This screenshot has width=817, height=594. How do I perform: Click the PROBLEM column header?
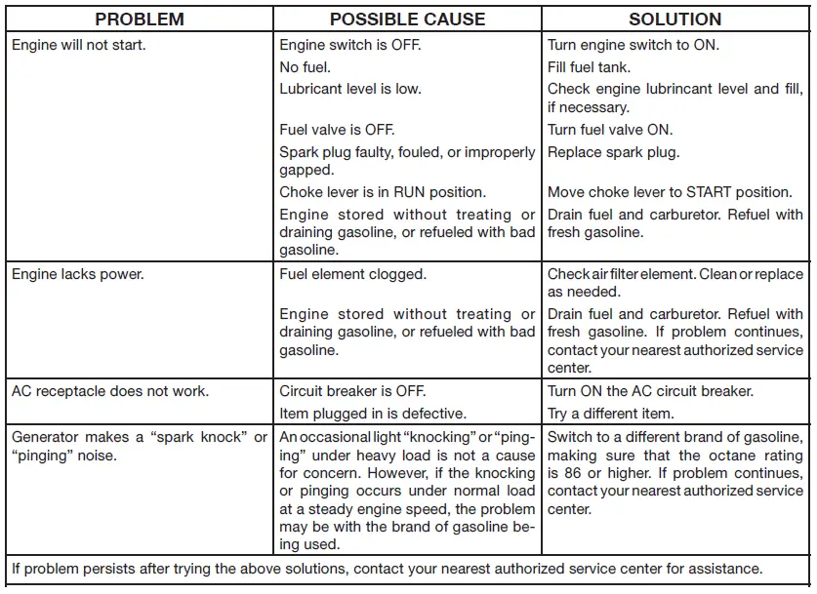coord(141,20)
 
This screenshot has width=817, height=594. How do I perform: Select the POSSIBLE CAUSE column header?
coord(407,20)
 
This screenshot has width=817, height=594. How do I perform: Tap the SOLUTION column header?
coord(674,20)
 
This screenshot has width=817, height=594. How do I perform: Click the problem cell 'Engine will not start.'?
coord(79,45)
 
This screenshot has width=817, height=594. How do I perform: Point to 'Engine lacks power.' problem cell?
coord(78,274)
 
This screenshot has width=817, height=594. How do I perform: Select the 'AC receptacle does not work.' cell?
coord(109,391)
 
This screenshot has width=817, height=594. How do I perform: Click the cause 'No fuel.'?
coord(306,67)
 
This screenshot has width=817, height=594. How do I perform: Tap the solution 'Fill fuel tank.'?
coord(590,67)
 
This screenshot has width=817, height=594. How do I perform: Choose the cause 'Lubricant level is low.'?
coord(350,89)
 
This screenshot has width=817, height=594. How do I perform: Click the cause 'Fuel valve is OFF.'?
coord(337,130)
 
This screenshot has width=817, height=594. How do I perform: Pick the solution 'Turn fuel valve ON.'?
coord(610,130)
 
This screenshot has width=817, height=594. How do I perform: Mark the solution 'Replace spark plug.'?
coord(613,152)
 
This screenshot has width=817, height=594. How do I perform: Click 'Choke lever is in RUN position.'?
coord(383,192)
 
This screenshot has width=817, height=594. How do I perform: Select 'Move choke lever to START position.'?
coord(670,192)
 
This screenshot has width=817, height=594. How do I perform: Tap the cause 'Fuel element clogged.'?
coord(352,274)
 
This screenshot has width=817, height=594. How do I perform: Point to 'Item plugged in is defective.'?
coord(373,414)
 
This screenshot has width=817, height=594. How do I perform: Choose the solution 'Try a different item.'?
coord(610,414)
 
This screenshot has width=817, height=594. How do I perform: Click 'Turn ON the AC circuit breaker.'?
coord(650,391)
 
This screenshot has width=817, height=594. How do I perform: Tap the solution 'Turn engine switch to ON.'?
coord(633,45)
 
